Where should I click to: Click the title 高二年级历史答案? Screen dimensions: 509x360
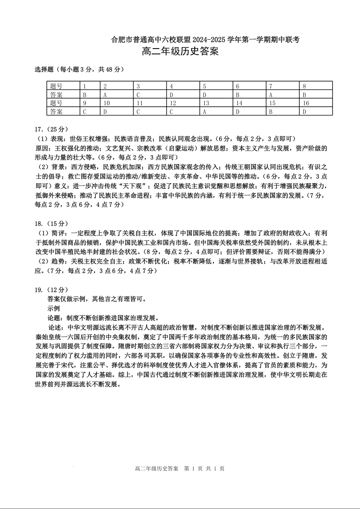pyautogui.click(x=180, y=52)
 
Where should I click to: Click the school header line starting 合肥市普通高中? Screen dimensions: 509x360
pyautogui.click(x=205, y=39)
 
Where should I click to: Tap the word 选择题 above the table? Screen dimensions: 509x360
pyautogui.click(x=44, y=69)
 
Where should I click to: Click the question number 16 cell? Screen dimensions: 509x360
pyautogui.click(x=316, y=103)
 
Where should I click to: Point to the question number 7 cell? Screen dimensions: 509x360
pyautogui.click(x=283, y=86)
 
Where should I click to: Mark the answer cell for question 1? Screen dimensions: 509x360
pyautogui.click(x=90, y=95)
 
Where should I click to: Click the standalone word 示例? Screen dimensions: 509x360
pyautogui.click(x=53, y=308)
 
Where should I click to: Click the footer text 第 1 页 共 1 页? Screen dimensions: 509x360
pyautogui.click(x=204, y=469)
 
